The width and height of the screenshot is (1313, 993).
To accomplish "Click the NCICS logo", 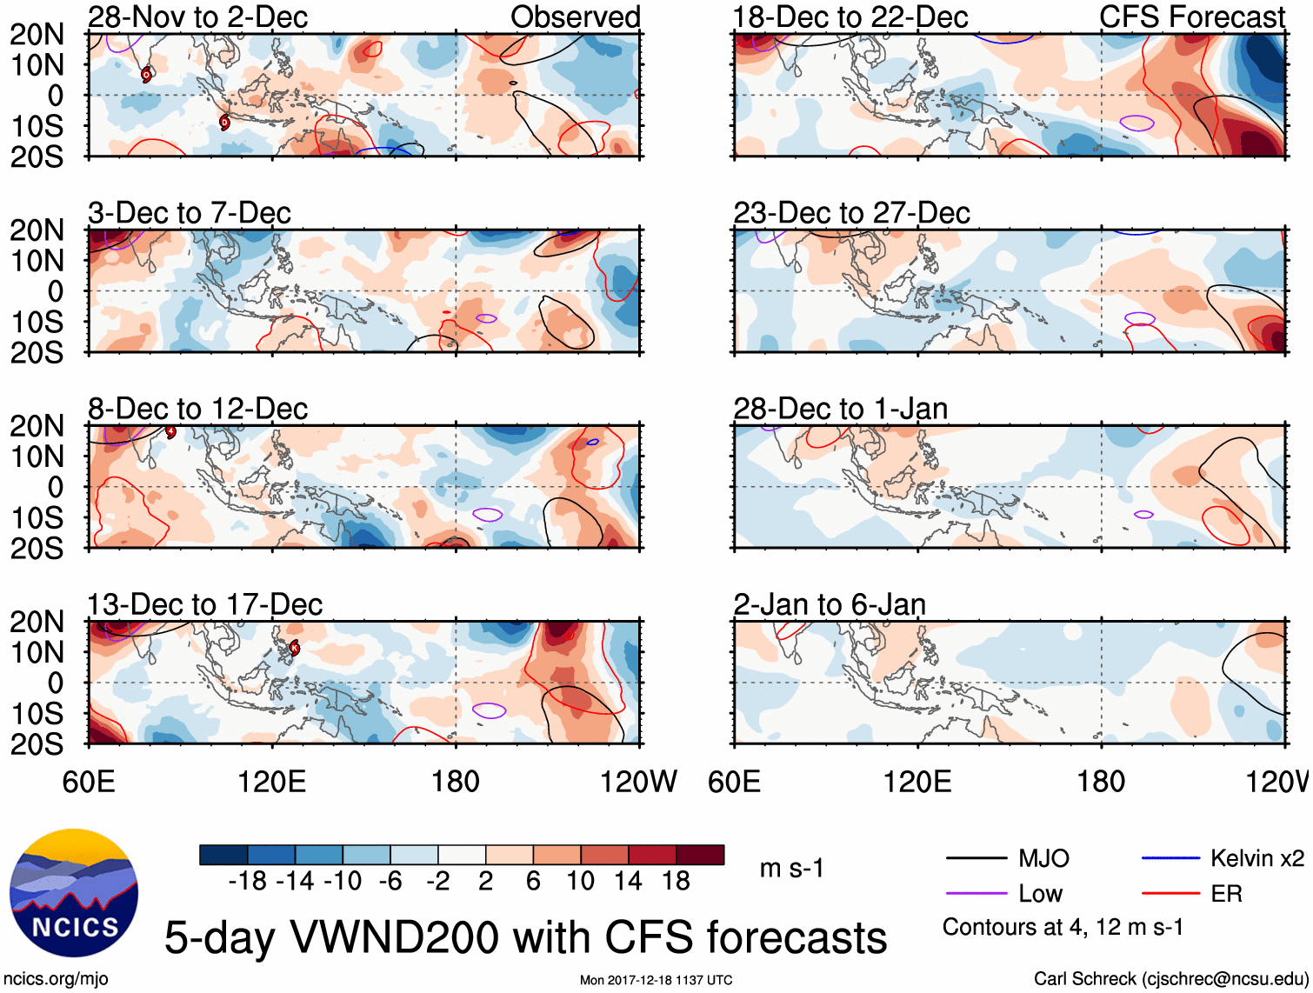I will [74, 893].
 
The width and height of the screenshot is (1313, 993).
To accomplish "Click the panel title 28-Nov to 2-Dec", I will [197, 17].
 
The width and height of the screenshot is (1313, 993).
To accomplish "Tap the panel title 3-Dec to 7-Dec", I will [189, 213].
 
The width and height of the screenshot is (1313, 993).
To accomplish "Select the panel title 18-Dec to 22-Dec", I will [850, 17].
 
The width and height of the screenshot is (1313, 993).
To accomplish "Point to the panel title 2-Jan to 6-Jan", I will [829, 604].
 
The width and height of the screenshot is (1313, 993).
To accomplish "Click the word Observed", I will [575, 17].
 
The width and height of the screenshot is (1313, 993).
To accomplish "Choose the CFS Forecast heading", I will [1191, 17].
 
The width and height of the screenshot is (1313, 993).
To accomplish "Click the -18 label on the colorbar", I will [248, 882].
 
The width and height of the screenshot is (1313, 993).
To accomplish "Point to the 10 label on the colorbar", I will [580, 882].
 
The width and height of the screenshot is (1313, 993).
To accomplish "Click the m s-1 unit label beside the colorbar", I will [791, 869].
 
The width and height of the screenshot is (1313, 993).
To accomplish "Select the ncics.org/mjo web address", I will [57, 979].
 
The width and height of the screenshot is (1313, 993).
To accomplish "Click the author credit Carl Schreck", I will [1170, 979].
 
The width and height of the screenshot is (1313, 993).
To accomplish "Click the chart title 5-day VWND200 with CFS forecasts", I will [525, 938].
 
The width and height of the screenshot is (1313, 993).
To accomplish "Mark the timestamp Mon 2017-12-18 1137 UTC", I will [656, 981].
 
